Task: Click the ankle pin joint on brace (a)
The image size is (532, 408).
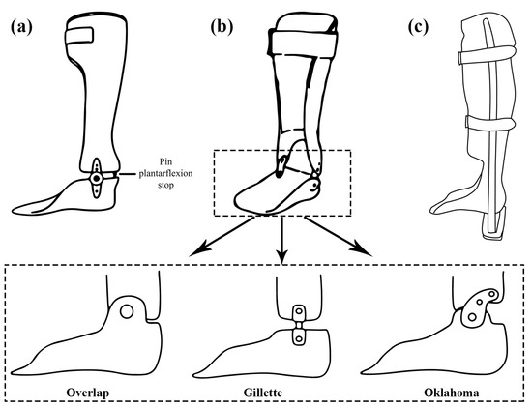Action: [x=97, y=181]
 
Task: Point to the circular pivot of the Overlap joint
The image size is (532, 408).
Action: [x=126, y=311]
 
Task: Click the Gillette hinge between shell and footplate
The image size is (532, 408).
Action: [x=298, y=324]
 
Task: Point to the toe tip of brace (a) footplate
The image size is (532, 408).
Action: [x=18, y=205]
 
